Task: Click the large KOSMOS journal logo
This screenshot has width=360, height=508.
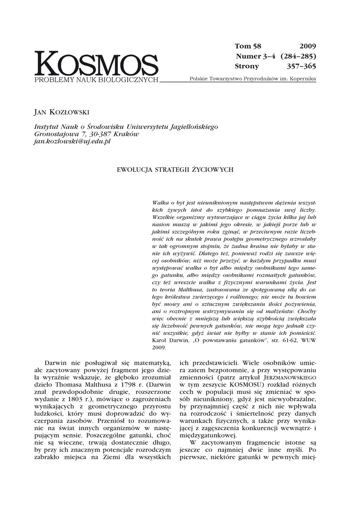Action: [x=96, y=64]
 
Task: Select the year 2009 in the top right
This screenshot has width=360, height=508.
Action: [x=308, y=46]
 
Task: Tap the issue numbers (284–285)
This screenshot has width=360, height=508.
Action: [x=298, y=56]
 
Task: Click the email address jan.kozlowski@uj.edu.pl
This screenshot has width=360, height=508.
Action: [x=72, y=141]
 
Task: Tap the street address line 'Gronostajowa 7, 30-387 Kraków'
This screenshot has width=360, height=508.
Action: [x=86, y=134]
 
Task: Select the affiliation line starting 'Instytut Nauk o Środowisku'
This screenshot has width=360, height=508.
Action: [x=126, y=127]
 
